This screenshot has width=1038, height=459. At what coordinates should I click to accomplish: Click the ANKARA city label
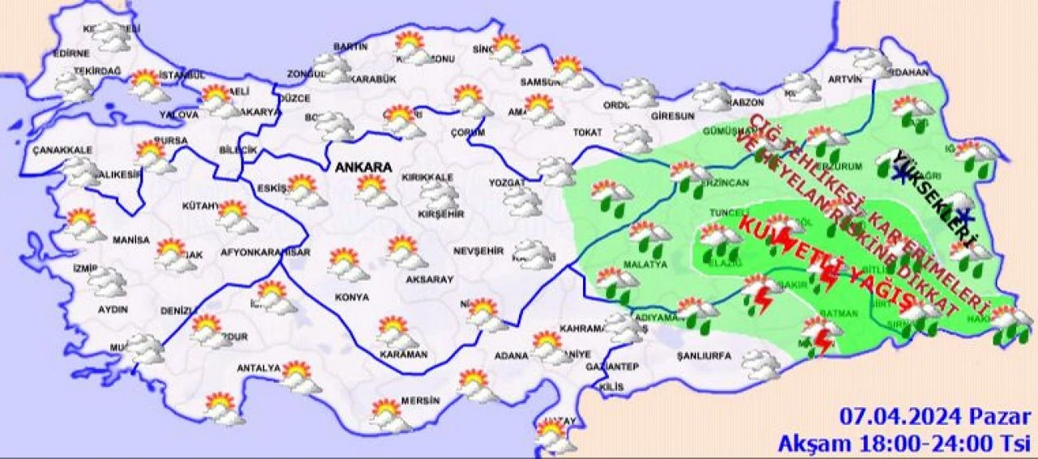364,167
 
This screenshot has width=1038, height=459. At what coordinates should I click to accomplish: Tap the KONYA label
351,298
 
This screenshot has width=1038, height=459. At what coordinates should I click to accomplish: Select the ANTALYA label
258,368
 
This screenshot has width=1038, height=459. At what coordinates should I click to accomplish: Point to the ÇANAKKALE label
62,150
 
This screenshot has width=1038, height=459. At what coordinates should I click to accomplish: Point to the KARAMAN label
403,354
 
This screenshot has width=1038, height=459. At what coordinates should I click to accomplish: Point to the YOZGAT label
508,182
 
